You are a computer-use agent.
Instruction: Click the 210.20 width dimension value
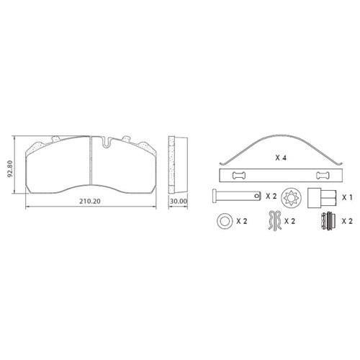[x=90, y=202]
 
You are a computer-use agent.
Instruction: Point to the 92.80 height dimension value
[x=10, y=168]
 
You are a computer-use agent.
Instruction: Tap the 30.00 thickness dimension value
[x=178, y=202]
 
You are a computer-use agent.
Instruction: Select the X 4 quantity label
[x=281, y=158]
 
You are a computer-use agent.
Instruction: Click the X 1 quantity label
[x=347, y=197]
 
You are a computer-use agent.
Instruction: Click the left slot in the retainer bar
[x=239, y=176]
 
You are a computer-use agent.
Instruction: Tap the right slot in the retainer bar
[x=323, y=176]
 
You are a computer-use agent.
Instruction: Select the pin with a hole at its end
[x=236, y=196]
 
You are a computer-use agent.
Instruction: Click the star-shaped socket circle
[x=291, y=197]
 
